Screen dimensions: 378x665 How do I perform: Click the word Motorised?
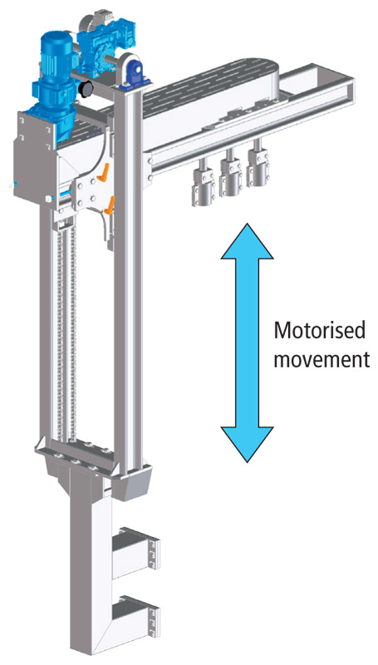(319, 331)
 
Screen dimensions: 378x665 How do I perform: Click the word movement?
(322, 360)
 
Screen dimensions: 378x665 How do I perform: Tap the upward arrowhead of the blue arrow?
(247, 242)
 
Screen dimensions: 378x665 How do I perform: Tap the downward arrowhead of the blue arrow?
(247, 444)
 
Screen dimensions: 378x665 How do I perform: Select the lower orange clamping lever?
(110, 204)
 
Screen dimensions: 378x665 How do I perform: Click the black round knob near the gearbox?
(87, 88)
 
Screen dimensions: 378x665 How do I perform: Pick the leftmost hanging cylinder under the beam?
(204, 183)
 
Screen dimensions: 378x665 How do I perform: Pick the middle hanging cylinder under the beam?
(231, 174)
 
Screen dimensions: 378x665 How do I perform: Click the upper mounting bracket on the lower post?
(136, 548)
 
